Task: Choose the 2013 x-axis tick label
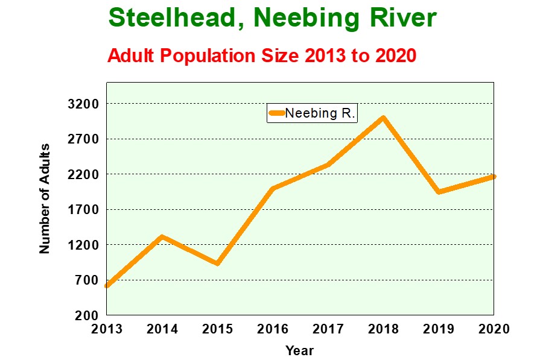[107, 329]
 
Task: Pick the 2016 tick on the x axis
[273, 329]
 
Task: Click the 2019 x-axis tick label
[439, 329]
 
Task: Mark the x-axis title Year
[300, 350]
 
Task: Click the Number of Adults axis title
[45, 199]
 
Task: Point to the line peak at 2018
[383, 118]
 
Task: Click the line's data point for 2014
[162, 236]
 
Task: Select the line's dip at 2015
[217, 263]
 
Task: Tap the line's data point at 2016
[273, 188]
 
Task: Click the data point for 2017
[328, 165]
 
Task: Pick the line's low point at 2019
[439, 192]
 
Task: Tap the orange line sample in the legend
[276, 113]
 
